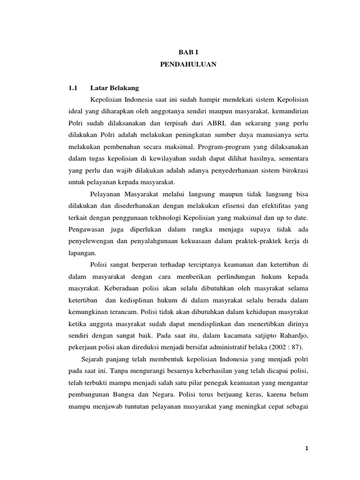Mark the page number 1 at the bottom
pos(305,449)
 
